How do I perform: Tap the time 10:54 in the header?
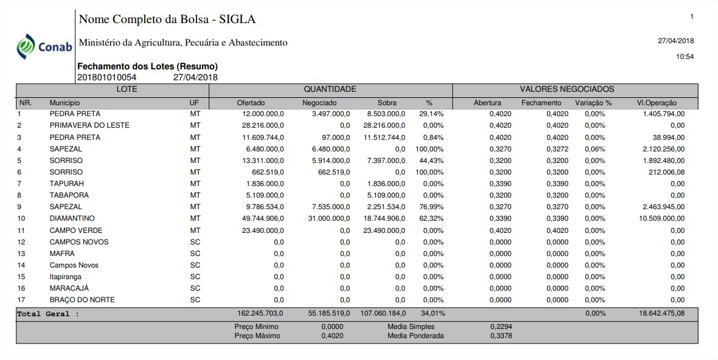685,57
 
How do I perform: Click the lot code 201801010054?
107,77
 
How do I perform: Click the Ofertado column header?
251,103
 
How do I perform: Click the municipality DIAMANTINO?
72,218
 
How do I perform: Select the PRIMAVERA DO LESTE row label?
89,125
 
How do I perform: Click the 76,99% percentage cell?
433,207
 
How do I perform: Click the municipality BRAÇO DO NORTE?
82,300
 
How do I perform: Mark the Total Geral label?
48,314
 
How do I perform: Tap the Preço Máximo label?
257,336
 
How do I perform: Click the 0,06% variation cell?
595,149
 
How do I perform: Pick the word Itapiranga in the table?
66,277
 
